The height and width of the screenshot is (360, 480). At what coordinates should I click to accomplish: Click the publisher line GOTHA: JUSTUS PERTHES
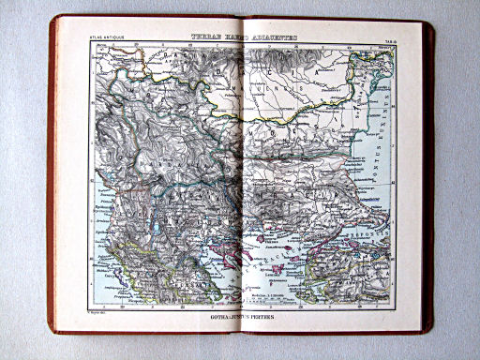click(x=240, y=315)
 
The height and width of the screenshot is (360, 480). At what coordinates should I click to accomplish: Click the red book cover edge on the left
click(x=52, y=178)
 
